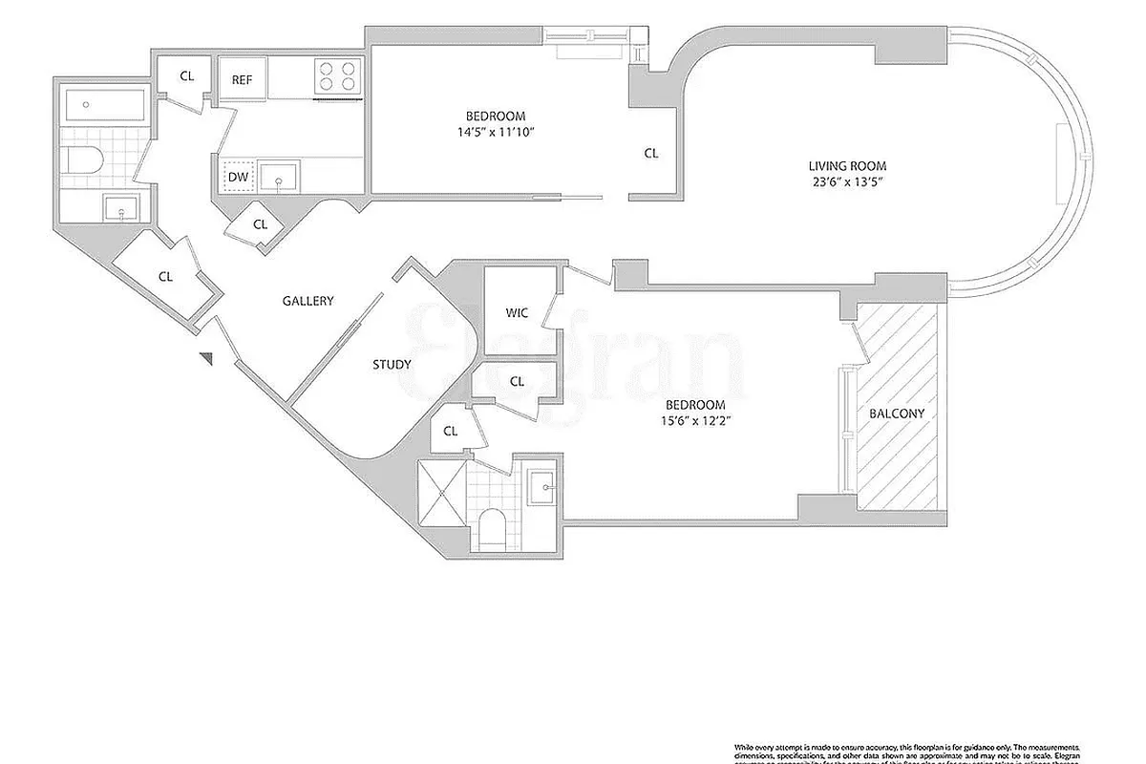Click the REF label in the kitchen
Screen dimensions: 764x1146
[242, 79]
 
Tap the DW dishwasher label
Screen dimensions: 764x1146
[238, 177]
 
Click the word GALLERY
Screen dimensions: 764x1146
[308, 301]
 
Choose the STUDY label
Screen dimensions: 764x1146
[392, 364]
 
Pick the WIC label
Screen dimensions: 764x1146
[517, 312]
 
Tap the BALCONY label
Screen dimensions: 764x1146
[897, 414]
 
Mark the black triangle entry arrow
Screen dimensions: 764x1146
[205, 357]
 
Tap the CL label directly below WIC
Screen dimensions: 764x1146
[517, 381]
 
